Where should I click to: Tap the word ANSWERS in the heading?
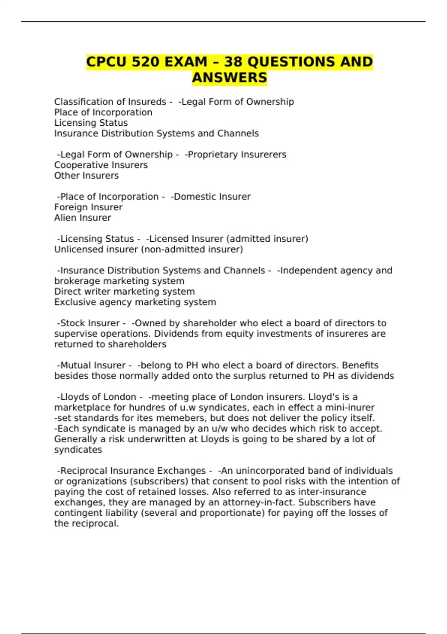(229, 78)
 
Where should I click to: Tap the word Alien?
(65, 218)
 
